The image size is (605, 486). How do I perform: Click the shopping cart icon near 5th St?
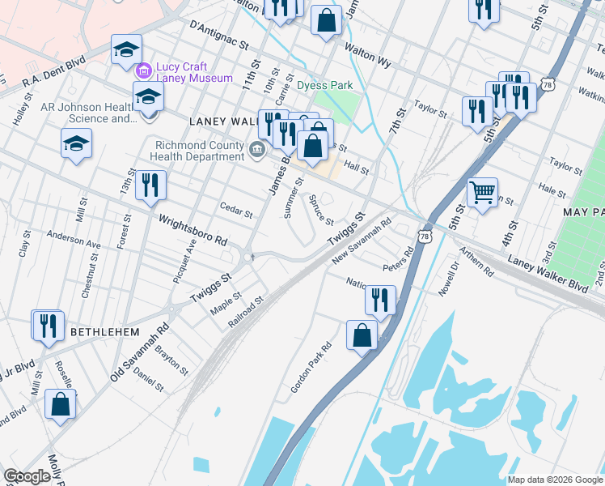(x=482, y=193)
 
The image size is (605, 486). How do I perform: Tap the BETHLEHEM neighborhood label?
(x=105, y=332)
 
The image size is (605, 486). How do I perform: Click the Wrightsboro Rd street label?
(x=193, y=231)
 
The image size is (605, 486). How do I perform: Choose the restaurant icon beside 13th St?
(x=150, y=185)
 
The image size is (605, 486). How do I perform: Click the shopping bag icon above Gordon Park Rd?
(x=362, y=334)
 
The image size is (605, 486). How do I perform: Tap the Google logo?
(x=27, y=476)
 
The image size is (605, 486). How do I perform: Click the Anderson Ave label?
(x=74, y=241)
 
